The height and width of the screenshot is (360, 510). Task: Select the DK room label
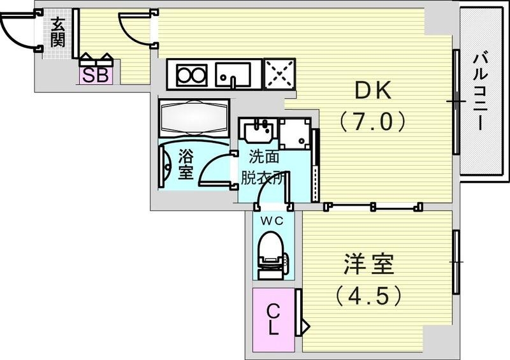372,92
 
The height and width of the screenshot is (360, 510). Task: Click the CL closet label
273,320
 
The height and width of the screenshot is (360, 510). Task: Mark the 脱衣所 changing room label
262,178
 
